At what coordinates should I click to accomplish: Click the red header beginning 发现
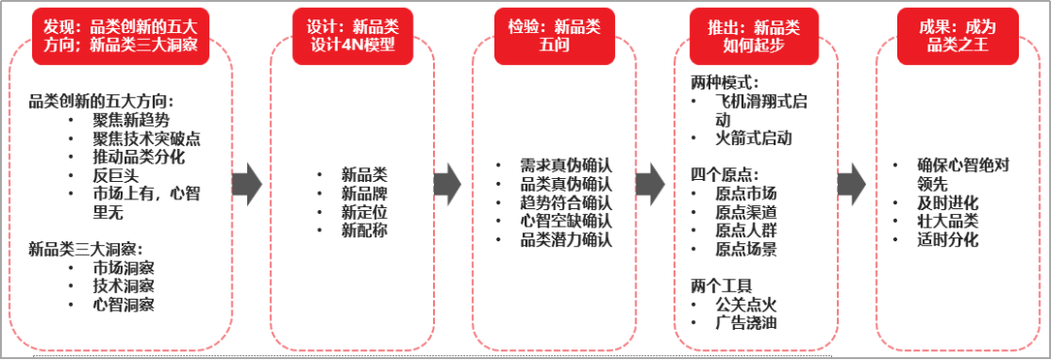click(x=120, y=35)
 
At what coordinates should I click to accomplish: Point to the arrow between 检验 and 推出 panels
click(x=649, y=184)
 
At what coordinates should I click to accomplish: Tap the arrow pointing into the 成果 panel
click(x=852, y=184)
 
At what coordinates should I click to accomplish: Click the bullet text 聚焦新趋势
click(x=131, y=121)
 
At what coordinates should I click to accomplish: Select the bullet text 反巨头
click(x=113, y=175)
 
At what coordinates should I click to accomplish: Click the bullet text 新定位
click(x=364, y=211)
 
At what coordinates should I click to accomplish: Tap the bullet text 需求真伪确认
click(x=567, y=165)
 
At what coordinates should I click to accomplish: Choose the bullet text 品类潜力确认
click(x=567, y=238)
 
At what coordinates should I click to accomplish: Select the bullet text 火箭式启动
click(x=753, y=138)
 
